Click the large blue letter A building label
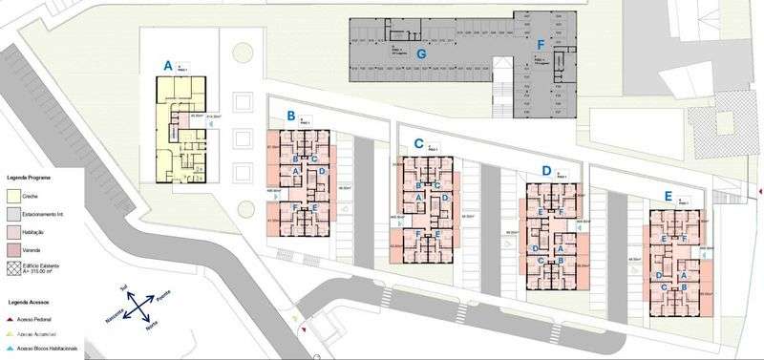tap(168, 66)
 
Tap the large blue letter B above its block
tap(290, 116)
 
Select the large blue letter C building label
tap(418, 142)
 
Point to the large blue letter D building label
tap(546, 170)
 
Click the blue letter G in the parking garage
tap(419, 52)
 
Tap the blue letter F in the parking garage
tap(541, 44)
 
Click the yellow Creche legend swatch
tap(14, 195)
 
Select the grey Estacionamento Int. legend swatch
tap(14, 213)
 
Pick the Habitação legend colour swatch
tap(14, 231)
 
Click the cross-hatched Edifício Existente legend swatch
tap(14, 268)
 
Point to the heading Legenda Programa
tap(30, 178)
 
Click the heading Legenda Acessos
tap(28, 302)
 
